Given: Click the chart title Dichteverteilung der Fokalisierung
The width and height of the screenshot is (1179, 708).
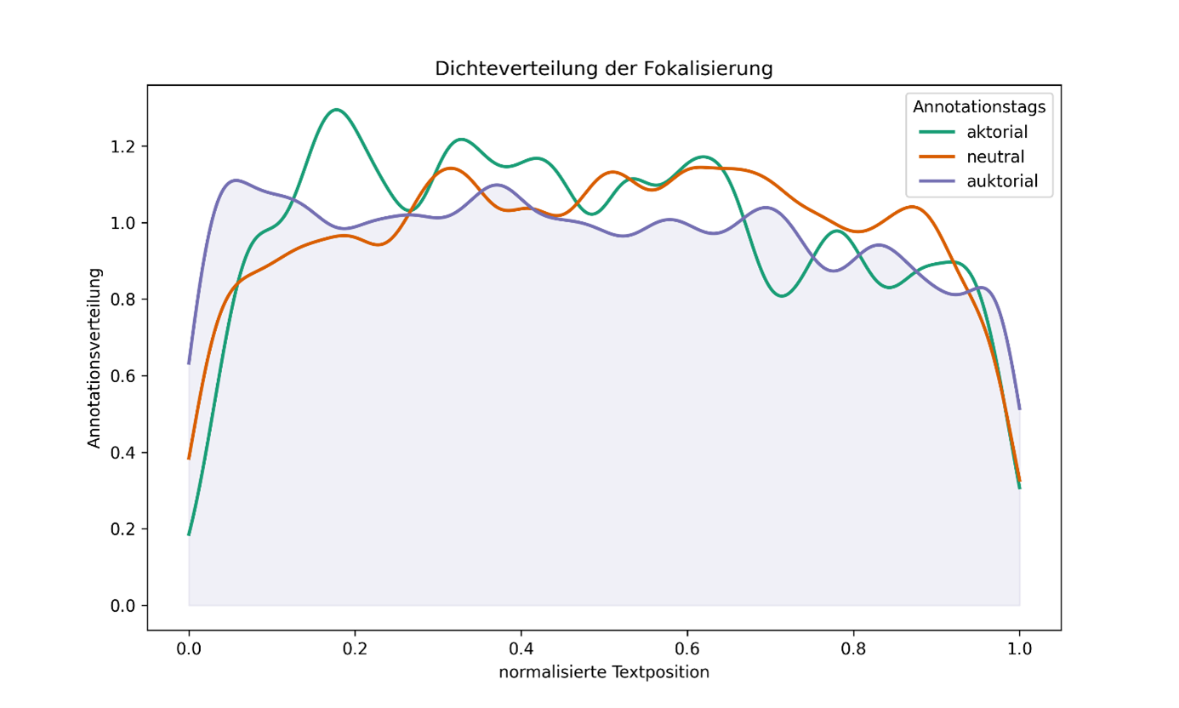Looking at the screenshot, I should coord(603,69).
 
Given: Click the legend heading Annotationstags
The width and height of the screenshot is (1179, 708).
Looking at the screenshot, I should coord(978,107).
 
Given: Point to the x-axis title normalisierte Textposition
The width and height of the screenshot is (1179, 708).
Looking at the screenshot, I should coord(603,672).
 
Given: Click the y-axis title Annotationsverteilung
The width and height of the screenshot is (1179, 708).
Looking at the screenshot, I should coord(94,357).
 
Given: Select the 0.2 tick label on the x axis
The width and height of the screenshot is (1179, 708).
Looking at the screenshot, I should coord(355,648).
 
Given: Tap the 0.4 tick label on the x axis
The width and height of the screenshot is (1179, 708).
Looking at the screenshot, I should coord(521,648).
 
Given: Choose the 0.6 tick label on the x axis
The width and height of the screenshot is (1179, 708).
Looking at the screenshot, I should coord(686,648).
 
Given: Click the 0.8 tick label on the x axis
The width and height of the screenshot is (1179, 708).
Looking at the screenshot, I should coord(853,648).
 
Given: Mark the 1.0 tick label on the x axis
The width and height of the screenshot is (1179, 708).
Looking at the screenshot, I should coord(1019,648).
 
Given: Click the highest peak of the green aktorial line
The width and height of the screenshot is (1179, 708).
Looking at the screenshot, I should coord(337,110).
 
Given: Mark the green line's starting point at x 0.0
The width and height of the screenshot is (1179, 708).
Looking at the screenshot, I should coord(189,534).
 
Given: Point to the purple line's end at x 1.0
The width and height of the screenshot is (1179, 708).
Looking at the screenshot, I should coord(1019,409).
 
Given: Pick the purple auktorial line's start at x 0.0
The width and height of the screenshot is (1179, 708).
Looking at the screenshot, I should coord(189,363).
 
